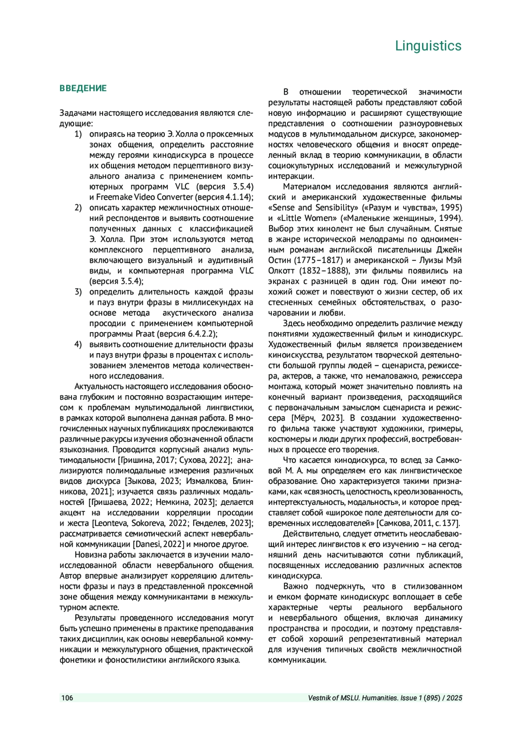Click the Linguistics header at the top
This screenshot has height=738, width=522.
[428, 46]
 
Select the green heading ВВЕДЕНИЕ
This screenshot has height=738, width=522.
[83, 88]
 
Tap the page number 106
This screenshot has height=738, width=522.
[67, 698]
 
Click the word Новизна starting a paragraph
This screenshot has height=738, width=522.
[90, 555]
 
